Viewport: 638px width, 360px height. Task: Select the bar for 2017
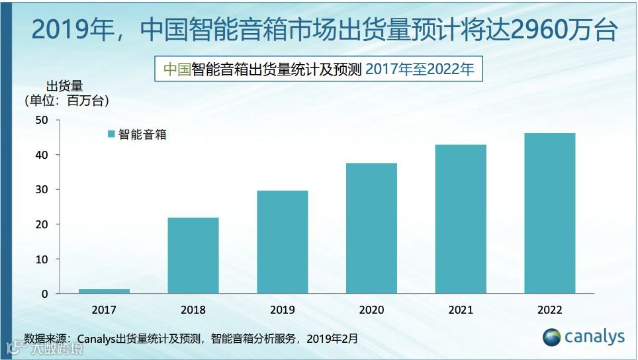point(104,291)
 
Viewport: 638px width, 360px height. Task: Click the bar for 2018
point(193,255)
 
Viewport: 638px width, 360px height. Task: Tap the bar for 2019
point(282,242)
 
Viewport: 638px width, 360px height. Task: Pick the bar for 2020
point(371,228)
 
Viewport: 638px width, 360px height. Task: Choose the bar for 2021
point(461,219)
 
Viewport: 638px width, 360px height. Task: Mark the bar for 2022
point(549,213)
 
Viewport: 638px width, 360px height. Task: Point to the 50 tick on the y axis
point(42,120)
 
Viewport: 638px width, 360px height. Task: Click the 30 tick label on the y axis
point(42,190)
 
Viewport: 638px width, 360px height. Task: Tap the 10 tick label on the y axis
point(42,259)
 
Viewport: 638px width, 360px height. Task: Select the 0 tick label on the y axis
point(44,294)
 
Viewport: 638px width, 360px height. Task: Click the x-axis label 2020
point(371,310)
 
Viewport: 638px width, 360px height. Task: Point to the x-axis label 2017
point(104,310)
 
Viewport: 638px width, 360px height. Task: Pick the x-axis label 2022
point(549,310)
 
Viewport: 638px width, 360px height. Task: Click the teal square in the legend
point(111,134)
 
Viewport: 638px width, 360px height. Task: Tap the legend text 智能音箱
point(142,134)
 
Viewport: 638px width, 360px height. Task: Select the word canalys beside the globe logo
point(594,337)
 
